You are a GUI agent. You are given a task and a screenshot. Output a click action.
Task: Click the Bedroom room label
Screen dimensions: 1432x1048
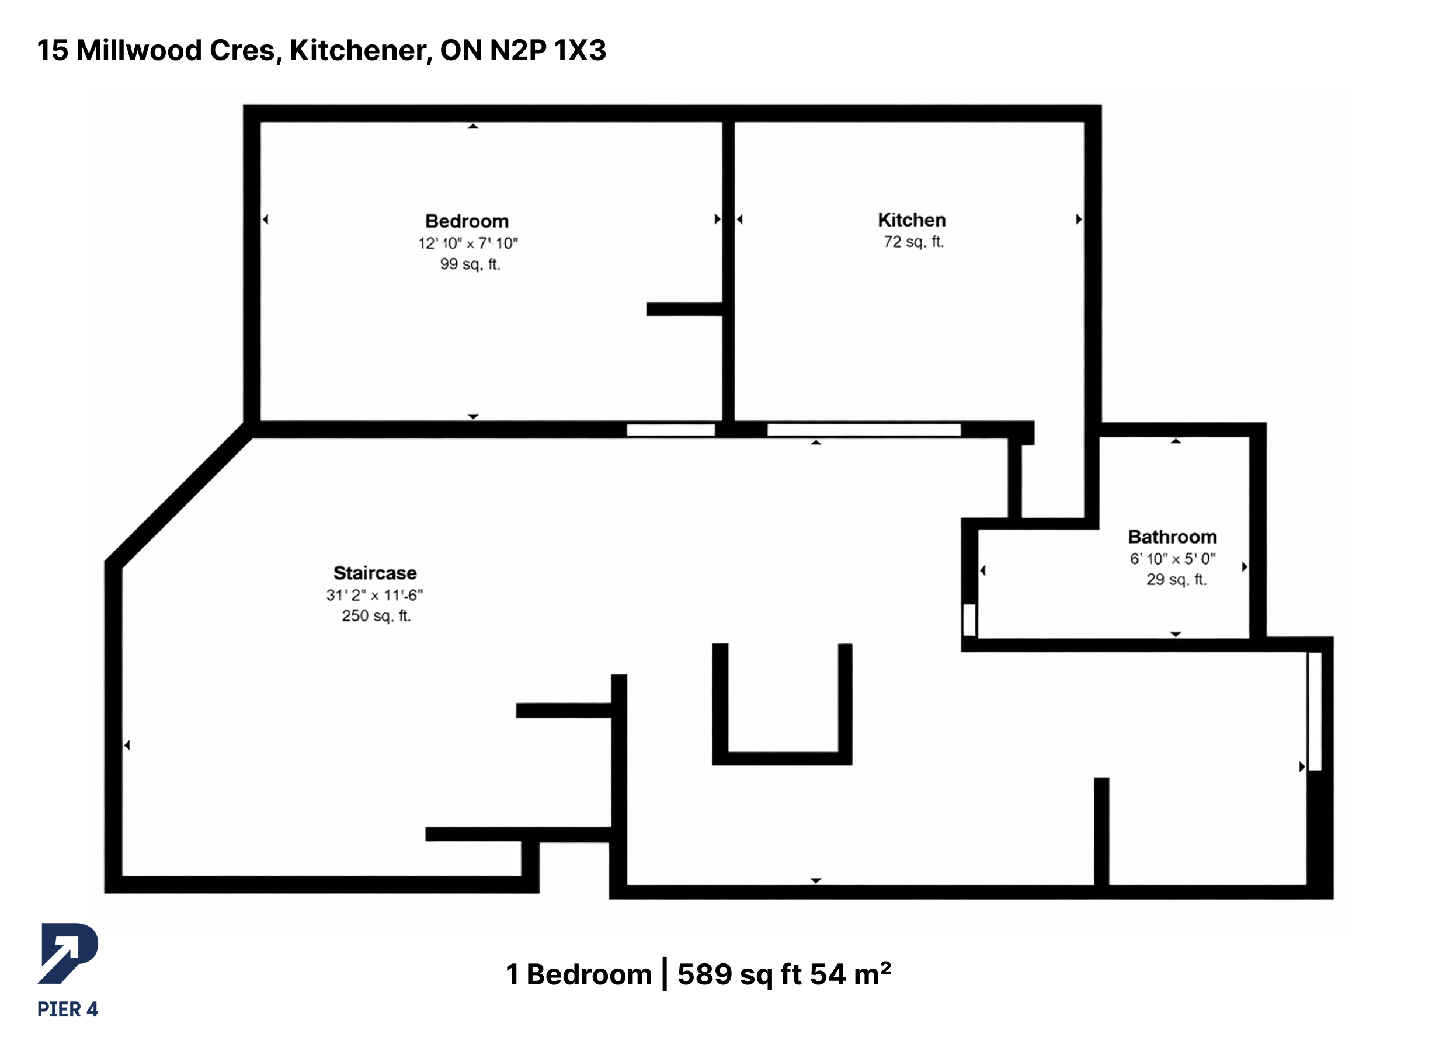[467, 221]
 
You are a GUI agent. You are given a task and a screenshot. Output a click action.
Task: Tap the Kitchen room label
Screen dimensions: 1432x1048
[912, 220]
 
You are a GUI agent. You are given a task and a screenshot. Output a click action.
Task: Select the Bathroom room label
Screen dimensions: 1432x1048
[1172, 537]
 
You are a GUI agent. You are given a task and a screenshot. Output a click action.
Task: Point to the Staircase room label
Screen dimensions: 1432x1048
[375, 573]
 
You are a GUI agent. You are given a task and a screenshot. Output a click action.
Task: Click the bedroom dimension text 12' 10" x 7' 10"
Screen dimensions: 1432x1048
[468, 243]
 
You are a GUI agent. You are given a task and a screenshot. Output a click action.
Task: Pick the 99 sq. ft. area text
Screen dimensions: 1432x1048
[470, 264]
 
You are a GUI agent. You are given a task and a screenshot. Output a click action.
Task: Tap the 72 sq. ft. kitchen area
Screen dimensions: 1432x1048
[913, 242]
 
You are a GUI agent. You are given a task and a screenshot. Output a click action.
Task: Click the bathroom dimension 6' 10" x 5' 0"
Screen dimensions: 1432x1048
[1173, 559]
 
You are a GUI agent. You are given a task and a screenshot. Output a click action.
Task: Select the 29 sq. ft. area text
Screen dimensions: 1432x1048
[1176, 579]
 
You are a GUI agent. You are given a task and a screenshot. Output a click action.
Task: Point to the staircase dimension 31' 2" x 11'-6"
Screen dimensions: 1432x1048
[374, 595]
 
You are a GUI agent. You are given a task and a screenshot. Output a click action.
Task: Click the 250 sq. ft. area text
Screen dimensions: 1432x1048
[376, 615]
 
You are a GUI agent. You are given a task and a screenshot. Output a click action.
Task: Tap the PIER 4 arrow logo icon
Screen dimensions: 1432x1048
[68, 953]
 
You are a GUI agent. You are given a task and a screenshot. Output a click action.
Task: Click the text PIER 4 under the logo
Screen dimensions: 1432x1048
[68, 1009]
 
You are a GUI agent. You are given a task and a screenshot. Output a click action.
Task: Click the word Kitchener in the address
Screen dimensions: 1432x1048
[361, 51]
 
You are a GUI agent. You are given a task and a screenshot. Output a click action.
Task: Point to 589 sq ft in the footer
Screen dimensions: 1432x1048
[739, 974]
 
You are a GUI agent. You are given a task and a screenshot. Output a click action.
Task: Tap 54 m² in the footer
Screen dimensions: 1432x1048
[851, 974]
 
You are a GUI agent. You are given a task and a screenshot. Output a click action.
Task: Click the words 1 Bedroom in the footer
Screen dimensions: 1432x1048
[579, 974]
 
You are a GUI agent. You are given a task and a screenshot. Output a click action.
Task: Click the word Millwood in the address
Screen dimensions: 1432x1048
[139, 50]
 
